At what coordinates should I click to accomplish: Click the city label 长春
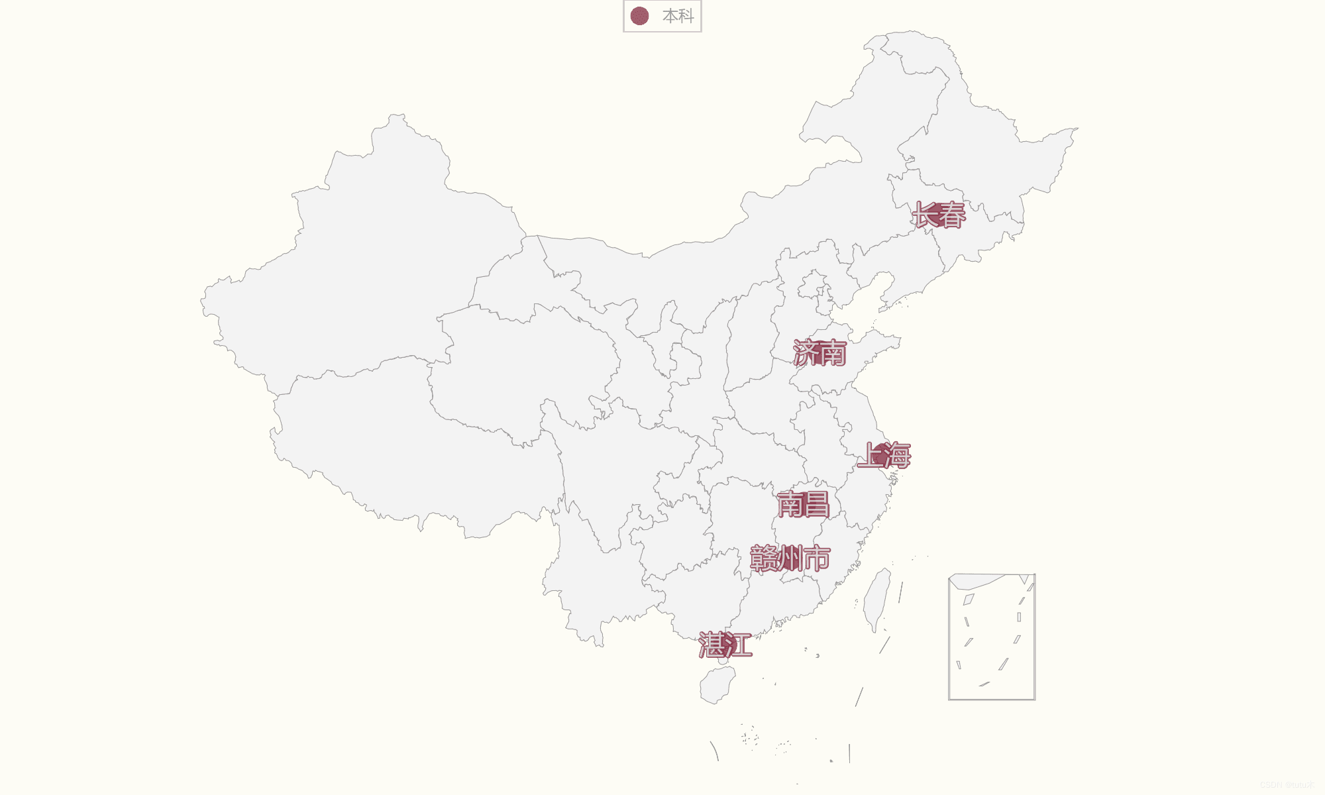click(x=939, y=215)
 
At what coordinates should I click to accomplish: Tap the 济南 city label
click(x=820, y=353)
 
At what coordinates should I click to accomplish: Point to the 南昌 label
click(x=803, y=505)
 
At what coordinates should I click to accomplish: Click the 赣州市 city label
click(x=790, y=558)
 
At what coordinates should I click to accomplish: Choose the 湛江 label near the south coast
click(x=725, y=645)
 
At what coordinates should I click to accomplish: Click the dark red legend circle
click(x=639, y=16)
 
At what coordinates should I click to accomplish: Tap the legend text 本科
click(x=678, y=16)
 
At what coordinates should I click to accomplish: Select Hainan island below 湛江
click(x=717, y=684)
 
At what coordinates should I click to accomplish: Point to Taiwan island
click(x=877, y=600)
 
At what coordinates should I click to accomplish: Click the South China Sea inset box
click(x=992, y=637)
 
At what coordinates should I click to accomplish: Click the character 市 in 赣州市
click(x=817, y=558)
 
